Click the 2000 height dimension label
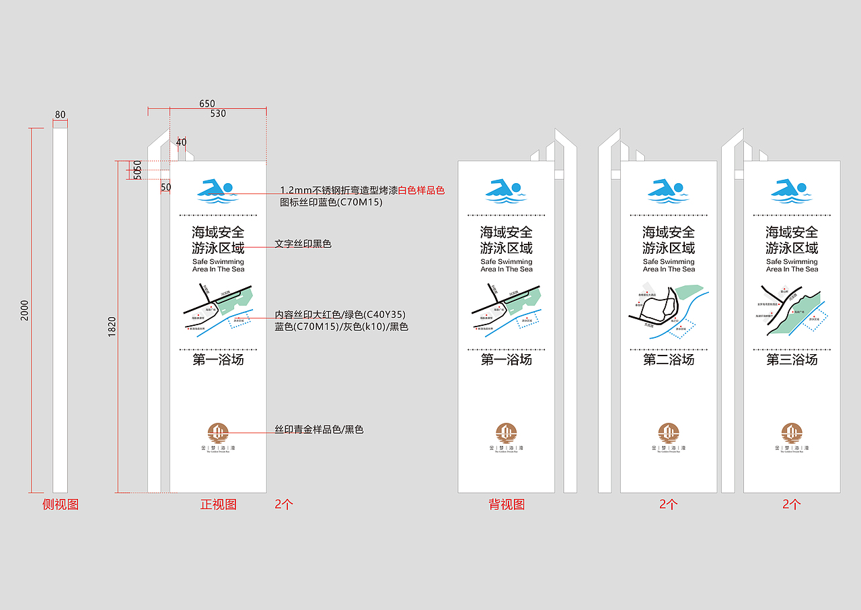point(25,310)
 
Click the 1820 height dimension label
point(112,327)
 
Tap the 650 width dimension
point(207,104)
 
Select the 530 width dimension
point(218,114)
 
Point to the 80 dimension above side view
point(61,114)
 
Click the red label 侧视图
point(61,504)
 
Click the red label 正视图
point(219,504)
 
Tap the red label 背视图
point(507,504)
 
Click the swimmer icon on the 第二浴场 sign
point(669,191)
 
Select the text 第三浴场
point(792,360)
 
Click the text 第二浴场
point(669,360)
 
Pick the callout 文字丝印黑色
point(303,244)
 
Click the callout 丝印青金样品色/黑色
point(319,430)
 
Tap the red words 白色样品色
point(422,191)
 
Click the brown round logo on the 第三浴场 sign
point(792,432)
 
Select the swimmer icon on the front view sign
point(218,191)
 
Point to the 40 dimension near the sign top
point(182,142)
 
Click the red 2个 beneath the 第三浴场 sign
point(792,504)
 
